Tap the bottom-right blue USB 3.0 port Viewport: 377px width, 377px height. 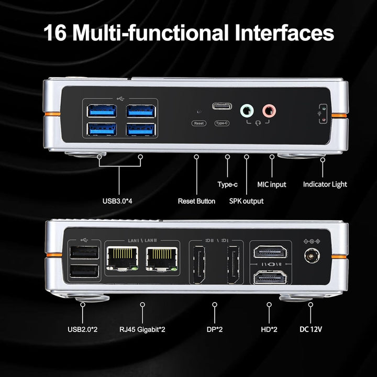point(140,129)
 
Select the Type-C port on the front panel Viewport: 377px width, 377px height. point(222,107)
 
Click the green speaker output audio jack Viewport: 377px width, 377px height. point(246,110)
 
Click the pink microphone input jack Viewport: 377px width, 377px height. point(269,110)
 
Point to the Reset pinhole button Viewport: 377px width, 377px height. point(198,112)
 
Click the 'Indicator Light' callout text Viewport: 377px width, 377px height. point(325,184)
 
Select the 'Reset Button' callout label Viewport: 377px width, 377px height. point(196,201)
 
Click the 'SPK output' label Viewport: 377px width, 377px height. point(246,201)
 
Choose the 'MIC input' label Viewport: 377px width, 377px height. point(272,184)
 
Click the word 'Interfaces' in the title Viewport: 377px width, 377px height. point(282,32)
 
